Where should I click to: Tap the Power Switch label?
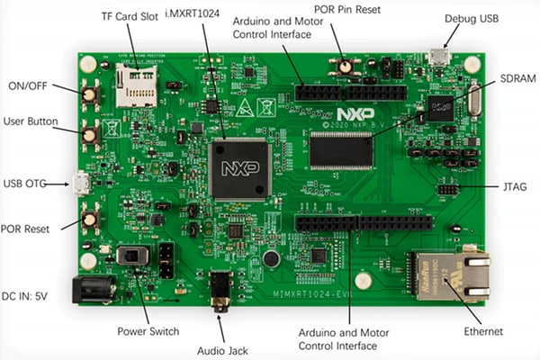coord(148,330)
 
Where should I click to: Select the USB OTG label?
coord(25,184)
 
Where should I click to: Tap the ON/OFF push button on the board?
coord(91,94)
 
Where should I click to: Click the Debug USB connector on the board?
coord(438,57)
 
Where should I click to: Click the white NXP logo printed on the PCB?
coord(353,115)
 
